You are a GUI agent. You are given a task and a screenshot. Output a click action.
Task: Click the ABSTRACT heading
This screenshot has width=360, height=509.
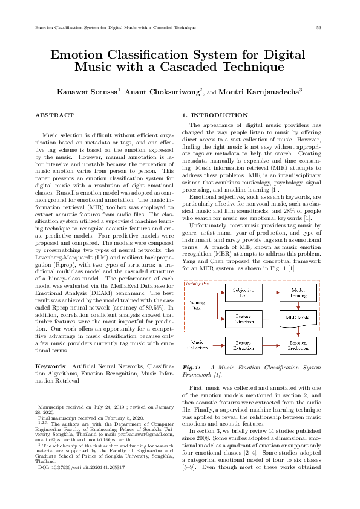pos(51,114)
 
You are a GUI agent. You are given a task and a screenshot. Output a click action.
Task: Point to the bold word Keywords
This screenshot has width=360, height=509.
pos(50,366)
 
